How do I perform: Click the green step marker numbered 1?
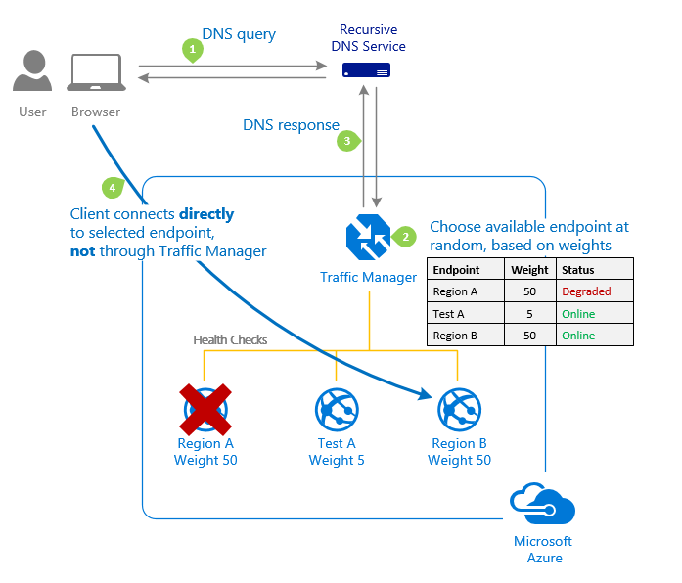[x=193, y=48]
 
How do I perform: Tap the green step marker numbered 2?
[x=404, y=236]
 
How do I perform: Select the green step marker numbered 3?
[x=346, y=141]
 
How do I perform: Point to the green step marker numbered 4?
[x=113, y=186]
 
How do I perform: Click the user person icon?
[x=32, y=75]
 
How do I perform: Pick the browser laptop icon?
[x=96, y=75]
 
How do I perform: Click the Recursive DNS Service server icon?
[x=366, y=70]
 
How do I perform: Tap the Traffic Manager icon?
[x=368, y=237]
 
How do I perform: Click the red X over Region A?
[x=205, y=408]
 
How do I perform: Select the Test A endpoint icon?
[x=337, y=410]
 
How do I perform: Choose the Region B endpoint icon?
[x=459, y=410]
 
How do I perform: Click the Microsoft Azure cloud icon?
[x=542, y=505]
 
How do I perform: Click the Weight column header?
[x=529, y=270]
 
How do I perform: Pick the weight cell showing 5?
[x=529, y=314]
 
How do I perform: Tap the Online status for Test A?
[x=578, y=314]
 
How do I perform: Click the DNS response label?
[x=291, y=125]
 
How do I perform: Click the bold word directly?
[x=207, y=214]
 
